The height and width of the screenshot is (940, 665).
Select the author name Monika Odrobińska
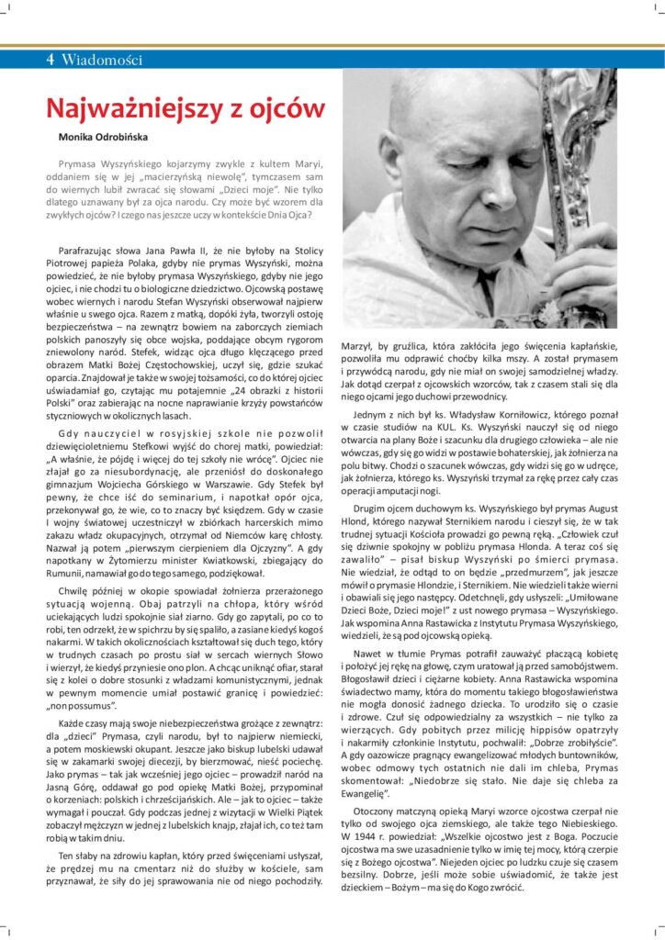(100, 136)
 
